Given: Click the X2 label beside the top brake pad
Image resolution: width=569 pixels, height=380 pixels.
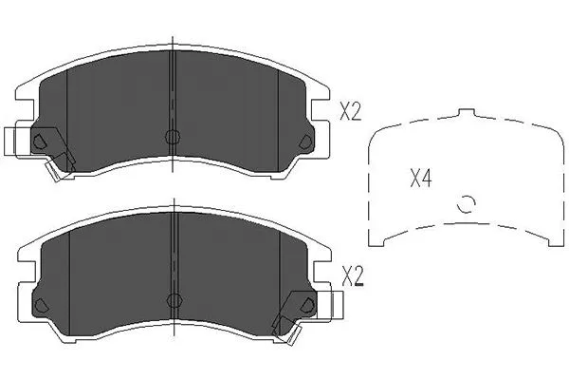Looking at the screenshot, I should click(350, 113).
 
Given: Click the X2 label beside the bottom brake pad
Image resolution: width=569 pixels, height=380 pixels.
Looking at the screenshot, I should click(350, 277).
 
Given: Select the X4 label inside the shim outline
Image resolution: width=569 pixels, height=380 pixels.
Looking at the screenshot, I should click(420, 178).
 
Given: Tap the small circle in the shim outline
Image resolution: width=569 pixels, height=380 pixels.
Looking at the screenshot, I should click(465, 203).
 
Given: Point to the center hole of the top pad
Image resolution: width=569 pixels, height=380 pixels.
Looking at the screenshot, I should click(172, 136).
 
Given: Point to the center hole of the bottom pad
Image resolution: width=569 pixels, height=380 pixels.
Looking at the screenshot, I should click(172, 300).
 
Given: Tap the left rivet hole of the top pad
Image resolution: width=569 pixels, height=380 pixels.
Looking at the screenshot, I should click(39, 142).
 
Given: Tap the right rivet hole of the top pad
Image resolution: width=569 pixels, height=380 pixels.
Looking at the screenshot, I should click(304, 142).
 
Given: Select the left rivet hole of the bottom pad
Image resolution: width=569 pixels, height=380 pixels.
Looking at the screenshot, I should click(39, 305).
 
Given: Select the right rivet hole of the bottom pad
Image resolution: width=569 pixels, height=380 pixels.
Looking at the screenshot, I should click(304, 305).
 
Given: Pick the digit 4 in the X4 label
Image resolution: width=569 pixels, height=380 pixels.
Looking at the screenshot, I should click(427, 178).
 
